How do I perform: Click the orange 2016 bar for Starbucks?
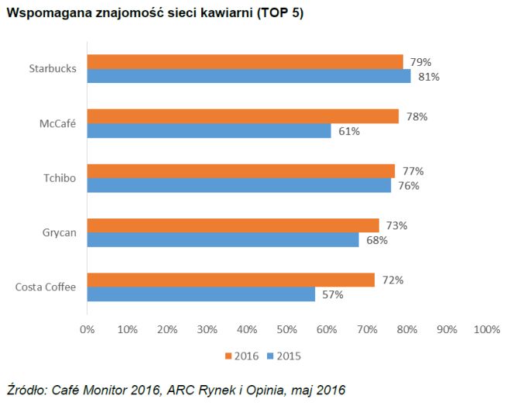coord(245,62)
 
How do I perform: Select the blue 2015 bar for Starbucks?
coord(248,76)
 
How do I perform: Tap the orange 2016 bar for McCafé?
coord(242,116)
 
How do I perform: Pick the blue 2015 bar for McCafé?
coord(209,131)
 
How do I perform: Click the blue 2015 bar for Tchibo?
coord(238,185)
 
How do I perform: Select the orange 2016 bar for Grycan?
coord(233,225)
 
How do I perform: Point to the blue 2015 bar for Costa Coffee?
coord(200,294)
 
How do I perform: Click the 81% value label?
coord(429,77)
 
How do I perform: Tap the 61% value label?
coord(349,131)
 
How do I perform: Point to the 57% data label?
coord(333,294)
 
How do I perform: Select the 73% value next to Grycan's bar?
coord(396,225)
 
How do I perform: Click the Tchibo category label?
coord(60,178)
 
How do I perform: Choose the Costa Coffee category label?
coord(46,287)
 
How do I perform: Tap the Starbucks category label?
coord(53,69)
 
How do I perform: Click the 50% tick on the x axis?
coord(286,329)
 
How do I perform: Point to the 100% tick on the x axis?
coord(486,329)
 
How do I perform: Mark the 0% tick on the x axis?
coord(87,329)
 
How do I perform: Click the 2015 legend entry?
coord(283,356)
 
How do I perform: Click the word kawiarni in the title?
coord(227,15)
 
